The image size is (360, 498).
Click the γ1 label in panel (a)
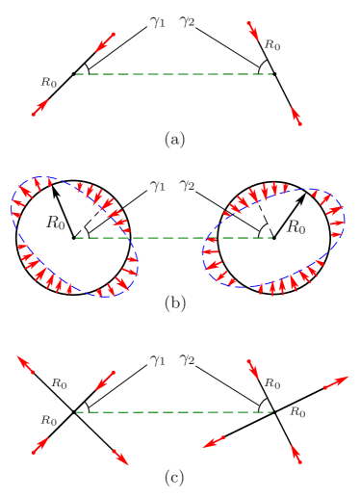[x=157, y=19]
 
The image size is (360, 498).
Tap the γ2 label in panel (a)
[x=187, y=19]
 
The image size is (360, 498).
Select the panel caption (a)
[x=174, y=139]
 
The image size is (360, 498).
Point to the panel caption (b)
[x=174, y=303]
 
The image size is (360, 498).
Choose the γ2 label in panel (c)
[x=187, y=359]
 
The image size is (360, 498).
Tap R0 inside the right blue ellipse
[x=296, y=227]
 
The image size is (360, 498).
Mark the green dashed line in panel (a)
[x=173, y=74]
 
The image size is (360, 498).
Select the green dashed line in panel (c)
[x=173, y=412]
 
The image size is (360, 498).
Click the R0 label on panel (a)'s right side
[x=272, y=45]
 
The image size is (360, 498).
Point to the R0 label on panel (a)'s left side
[x=48, y=83]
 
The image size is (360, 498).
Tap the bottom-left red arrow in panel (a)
[x=39, y=107]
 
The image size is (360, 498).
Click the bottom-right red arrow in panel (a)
[x=296, y=117]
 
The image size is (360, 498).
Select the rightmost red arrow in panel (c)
[x=335, y=381]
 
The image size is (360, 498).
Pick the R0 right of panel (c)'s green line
[x=297, y=412]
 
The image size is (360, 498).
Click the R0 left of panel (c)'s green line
[x=48, y=420]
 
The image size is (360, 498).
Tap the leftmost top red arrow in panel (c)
[x=28, y=365]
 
